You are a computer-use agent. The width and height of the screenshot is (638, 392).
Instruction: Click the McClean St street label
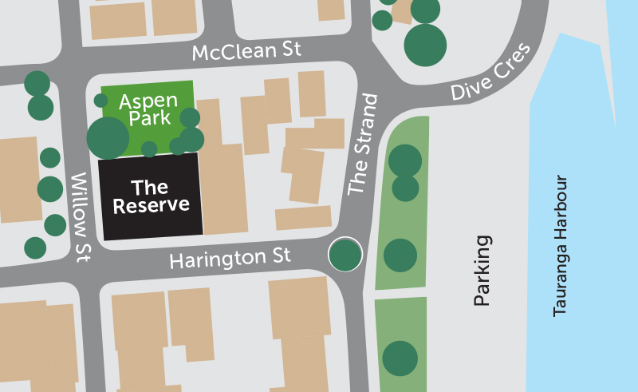(247, 52)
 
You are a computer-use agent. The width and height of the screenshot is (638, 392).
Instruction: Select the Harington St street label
(230, 258)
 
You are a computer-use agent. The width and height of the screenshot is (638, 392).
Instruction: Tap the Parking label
(481, 271)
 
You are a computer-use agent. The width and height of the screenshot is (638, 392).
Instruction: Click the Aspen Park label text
(144, 111)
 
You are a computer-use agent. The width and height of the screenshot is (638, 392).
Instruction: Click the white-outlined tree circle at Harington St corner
(345, 255)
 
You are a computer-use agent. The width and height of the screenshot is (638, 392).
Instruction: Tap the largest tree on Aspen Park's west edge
(108, 138)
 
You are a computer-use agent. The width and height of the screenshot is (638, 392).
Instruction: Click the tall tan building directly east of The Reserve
(223, 189)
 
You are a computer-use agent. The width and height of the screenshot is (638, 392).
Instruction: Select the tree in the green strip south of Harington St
(400, 357)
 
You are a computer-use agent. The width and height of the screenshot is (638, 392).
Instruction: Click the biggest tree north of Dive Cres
(425, 45)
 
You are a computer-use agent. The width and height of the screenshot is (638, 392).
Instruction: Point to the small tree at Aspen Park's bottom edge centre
(149, 148)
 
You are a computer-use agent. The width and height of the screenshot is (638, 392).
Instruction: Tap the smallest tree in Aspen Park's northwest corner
(100, 100)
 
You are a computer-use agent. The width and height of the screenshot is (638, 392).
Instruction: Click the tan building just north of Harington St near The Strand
(303, 217)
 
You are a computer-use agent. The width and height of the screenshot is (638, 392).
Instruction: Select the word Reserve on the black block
(152, 205)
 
